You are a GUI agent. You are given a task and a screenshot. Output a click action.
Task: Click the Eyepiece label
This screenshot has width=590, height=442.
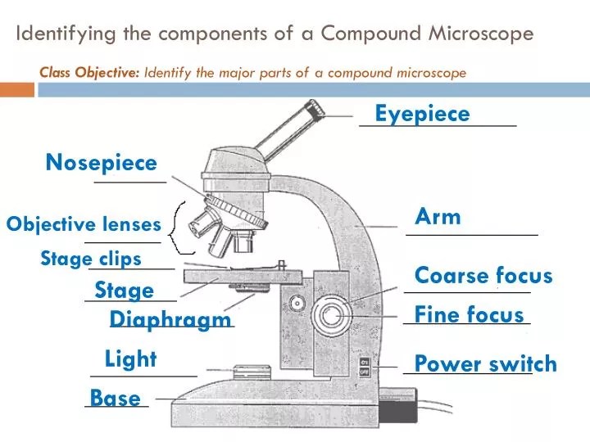(422, 114)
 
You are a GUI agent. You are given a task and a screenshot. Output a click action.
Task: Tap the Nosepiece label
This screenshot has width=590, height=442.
(101, 162)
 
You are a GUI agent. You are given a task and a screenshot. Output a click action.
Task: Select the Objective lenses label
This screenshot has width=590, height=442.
(84, 224)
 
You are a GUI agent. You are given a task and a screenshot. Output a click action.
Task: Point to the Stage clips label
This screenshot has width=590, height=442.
(91, 259)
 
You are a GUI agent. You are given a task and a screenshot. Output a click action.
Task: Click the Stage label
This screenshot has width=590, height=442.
(124, 290)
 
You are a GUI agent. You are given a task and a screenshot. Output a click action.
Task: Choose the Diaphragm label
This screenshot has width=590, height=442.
(170, 319)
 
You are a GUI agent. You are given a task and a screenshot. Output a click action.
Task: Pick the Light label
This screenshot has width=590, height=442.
(130, 359)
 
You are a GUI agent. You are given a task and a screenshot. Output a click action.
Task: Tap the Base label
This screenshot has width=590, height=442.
(115, 399)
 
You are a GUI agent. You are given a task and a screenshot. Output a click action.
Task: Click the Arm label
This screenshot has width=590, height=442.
(438, 217)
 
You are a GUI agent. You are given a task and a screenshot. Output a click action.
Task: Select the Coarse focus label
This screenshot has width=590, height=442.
(483, 275)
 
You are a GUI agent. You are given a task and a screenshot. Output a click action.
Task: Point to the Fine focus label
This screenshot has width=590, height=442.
(469, 314)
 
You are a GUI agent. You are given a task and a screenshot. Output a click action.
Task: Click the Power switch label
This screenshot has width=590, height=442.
(485, 364)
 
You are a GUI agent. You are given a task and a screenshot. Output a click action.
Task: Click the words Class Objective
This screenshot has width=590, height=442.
(90, 72)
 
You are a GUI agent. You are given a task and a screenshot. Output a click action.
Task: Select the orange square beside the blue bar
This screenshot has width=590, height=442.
(16, 89)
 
